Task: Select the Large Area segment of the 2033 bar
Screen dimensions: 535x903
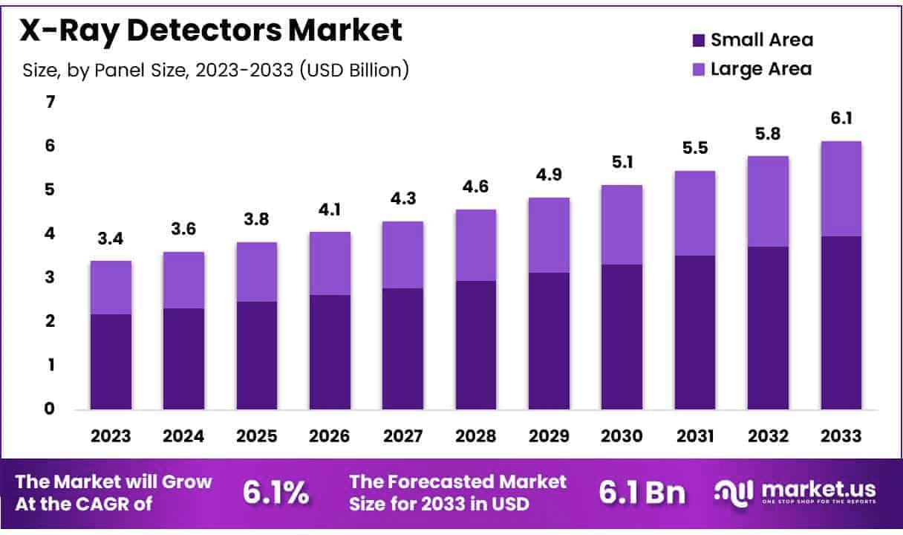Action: click(x=841, y=189)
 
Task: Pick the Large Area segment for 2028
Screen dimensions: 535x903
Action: click(x=475, y=245)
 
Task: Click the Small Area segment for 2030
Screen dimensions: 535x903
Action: click(x=621, y=336)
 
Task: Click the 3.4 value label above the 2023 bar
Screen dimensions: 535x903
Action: click(x=110, y=239)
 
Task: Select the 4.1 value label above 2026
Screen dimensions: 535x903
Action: click(x=330, y=210)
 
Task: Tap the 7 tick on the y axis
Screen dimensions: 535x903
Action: click(x=50, y=103)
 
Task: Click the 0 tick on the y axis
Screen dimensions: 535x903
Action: click(x=50, y=409)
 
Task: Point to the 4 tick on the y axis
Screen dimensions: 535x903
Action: click(x=50, y=234)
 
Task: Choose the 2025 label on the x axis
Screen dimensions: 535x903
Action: click(x=256, y=436)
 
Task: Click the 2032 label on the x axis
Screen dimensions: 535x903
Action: click(x=767, y=436)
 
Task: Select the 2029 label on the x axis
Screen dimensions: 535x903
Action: click(x=548, y=436)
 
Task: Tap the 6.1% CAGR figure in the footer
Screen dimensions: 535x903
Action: click(x=276, y=492)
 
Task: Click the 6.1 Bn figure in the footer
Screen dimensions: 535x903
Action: click(x=642, y=492)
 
